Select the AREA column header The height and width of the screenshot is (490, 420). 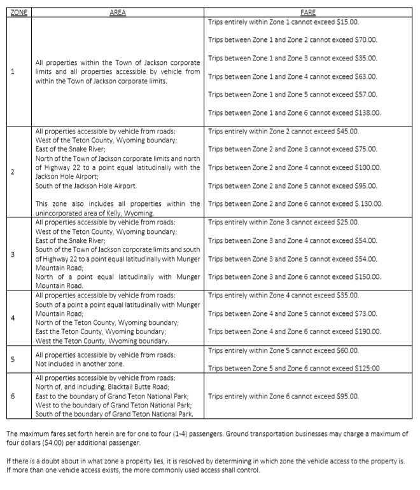pos(118,12)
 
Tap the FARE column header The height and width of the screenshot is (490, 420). pos(308,12)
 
